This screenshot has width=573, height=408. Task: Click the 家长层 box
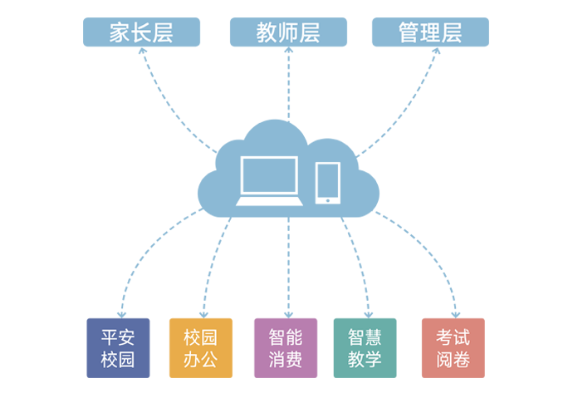pos(141,32)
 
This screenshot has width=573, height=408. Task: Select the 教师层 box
pos(288,32)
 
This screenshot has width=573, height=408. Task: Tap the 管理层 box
pos(430,32)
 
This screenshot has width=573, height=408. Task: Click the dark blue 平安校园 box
pos(118,348)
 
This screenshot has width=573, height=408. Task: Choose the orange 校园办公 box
pos(201,348)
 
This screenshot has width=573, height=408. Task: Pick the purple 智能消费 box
pos(286,348)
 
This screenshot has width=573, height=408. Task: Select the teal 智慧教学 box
pos(365,348)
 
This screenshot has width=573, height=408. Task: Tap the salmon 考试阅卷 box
pos(453,348)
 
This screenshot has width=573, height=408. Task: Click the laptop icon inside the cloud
pos(269,181)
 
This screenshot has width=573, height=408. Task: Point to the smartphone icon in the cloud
pos(328,183)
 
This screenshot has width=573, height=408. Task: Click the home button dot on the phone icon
pos(328,200)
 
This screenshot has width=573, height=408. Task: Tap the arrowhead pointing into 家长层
pos(143,51)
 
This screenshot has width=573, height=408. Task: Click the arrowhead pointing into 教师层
pos(289,50)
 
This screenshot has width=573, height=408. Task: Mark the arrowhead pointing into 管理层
pos(436,51)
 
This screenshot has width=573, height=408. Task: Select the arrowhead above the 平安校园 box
pos(122,315)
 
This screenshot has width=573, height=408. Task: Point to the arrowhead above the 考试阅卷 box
pos(455,315)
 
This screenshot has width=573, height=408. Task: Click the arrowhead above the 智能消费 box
pos(289,315)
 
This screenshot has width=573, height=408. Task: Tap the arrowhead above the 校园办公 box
pos(203,315)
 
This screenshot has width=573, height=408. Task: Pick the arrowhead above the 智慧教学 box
pos(369,315)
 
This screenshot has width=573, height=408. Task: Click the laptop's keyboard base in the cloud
pos(269,201)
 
